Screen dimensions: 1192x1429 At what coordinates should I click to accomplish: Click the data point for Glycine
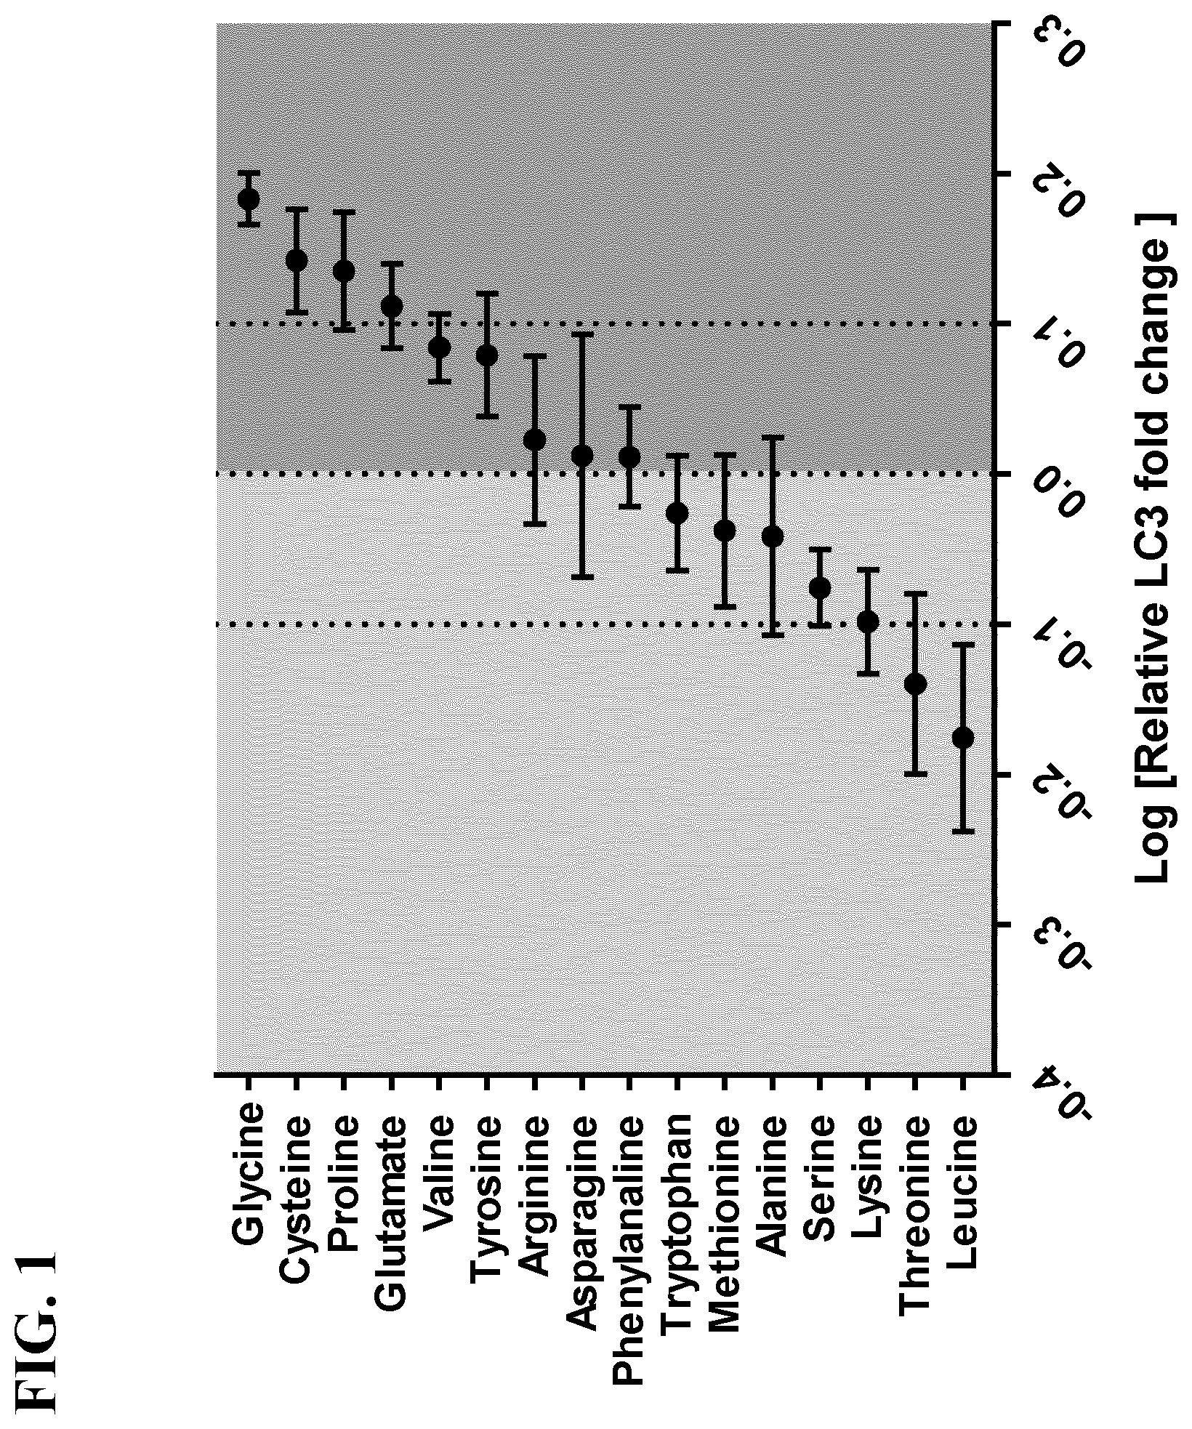click(x=248, y=198)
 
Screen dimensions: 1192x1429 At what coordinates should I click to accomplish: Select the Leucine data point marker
click(x=962, y=738)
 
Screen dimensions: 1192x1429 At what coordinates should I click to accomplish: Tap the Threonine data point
click(x=915, y=684)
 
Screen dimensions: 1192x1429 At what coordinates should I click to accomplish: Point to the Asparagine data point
click(x=581, y=456)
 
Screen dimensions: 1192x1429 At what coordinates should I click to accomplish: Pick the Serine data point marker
click(x=820, y=587)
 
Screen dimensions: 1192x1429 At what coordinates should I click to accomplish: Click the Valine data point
click(x=438, y=347)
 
